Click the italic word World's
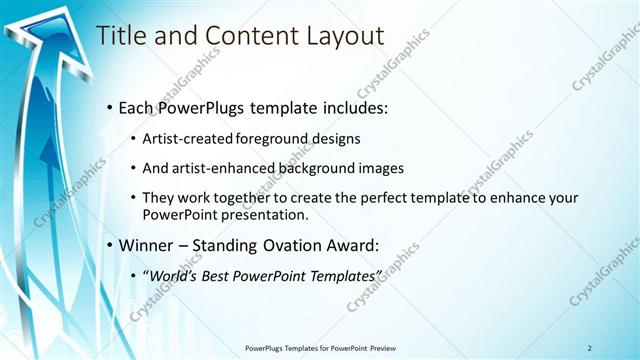[174, 274]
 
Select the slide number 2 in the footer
[589, 348]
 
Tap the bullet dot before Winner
[109, 245]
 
